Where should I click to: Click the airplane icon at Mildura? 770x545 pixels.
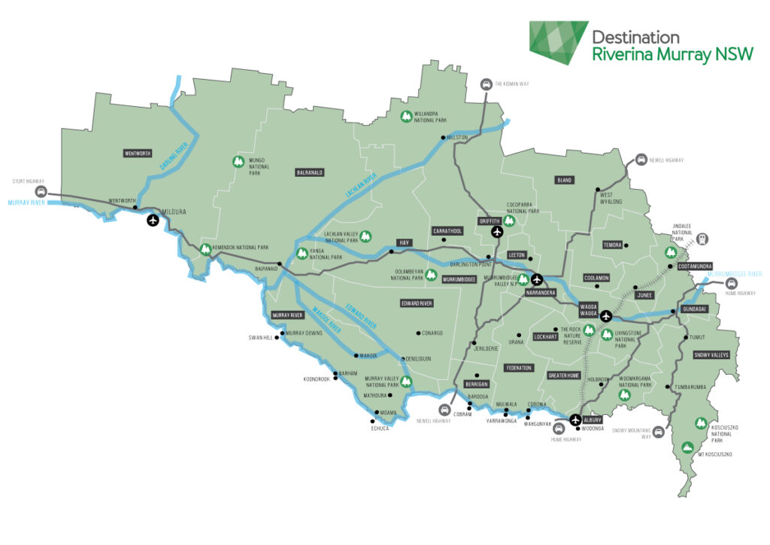pos(153,221)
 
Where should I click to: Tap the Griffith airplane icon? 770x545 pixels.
pos(496,232)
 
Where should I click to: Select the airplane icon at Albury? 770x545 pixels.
pos(576,420)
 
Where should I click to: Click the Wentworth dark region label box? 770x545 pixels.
pos(138,154)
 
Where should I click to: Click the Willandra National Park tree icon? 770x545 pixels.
pos(406,117)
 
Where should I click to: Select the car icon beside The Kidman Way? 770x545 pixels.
pos(487,84)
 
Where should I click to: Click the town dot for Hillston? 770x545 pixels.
pos(442,138)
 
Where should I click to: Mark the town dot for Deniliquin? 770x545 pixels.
pos(403,358)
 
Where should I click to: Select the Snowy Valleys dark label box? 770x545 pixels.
pos(711,355)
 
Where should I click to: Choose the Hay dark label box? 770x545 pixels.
pos(402,242)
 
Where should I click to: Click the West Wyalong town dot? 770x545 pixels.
pos(598,190)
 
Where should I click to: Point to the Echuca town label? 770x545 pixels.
pos(381,428)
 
